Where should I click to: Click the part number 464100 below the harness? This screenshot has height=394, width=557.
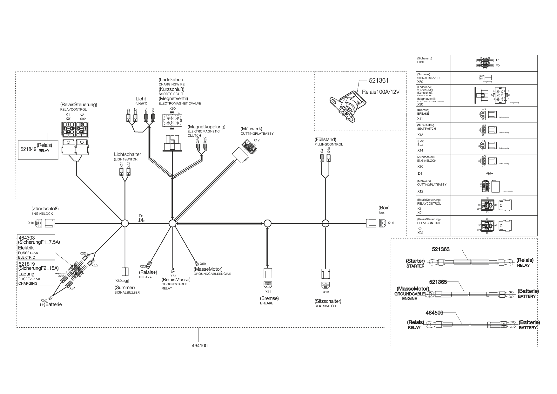pos(200,346)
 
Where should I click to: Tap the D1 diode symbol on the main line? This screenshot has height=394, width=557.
pos(141,220)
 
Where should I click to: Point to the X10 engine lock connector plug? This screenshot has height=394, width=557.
pos(39,223)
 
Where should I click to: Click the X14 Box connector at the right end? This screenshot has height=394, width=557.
pos(382,223)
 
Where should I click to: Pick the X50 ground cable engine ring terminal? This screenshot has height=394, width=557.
pos(197,263)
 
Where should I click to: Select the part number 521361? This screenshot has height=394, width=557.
pos(379,81)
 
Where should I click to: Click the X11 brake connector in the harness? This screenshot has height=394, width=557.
pos(268,284)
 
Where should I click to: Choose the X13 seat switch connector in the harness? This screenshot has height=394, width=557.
pos(325,284)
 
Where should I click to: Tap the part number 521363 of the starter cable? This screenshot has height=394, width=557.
pos(441,249)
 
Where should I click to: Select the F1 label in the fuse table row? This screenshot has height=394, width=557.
pos(498,60)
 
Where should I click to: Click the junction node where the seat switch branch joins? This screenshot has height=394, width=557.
pos(325,223)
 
